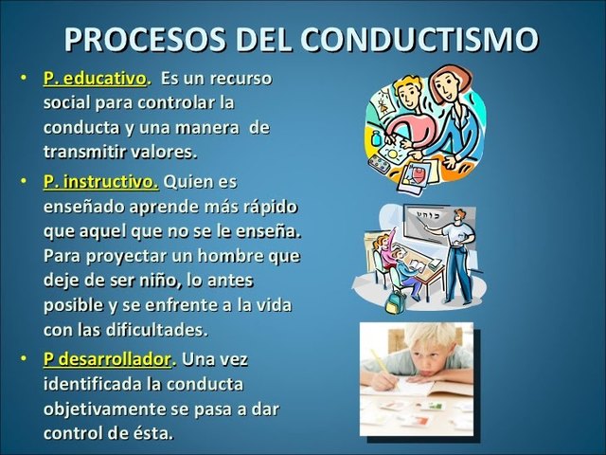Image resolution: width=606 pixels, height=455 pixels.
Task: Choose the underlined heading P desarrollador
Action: point(109,360)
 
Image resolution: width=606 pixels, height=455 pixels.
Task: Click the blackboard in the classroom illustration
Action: point(431,223)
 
